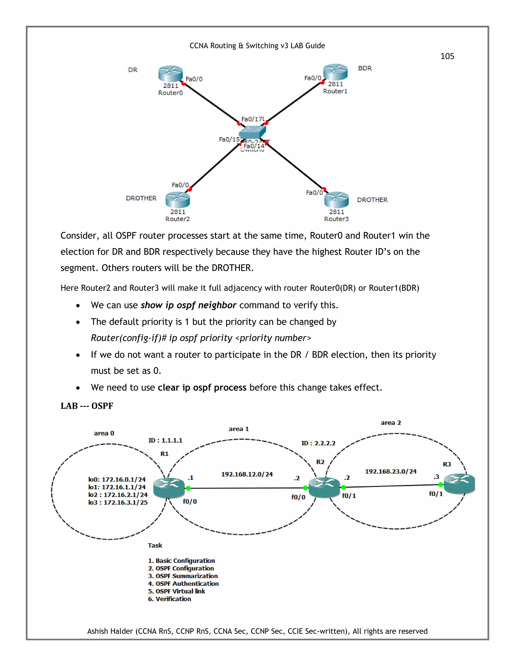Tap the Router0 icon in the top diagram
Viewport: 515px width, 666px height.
pyautogui.click(x=170, y=74)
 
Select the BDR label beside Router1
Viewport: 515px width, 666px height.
pyautogui.click(x=365, y=68)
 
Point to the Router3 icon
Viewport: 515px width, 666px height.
pyautogui.click(x=336, y=200)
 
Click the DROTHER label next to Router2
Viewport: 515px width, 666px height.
pyautogui.click(x=141, y=198)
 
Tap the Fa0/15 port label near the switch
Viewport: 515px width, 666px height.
pyautogui.click(x=229, y=139)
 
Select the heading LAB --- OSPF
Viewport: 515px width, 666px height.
pyautogui.click(x=87, y=406)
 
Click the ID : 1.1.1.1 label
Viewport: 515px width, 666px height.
pyautogui.click(x=165, y=440)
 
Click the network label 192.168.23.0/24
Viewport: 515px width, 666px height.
pyautogui.click(x=391, y=471)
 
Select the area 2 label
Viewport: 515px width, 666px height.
pyautogui.click(x=391, y=423)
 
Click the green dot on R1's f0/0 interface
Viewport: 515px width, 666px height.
pyautogui.click(x=188, y=488)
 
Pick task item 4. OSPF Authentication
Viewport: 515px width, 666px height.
pyautogui.click(x=183, y=583)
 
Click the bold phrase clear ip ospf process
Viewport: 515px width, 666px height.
pyautogui.click(x=202, y=387)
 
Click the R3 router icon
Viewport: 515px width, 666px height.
pyautogui.click(x=459, y=484)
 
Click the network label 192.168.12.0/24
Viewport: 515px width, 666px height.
pyautogui.click(x=247, y=474)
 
